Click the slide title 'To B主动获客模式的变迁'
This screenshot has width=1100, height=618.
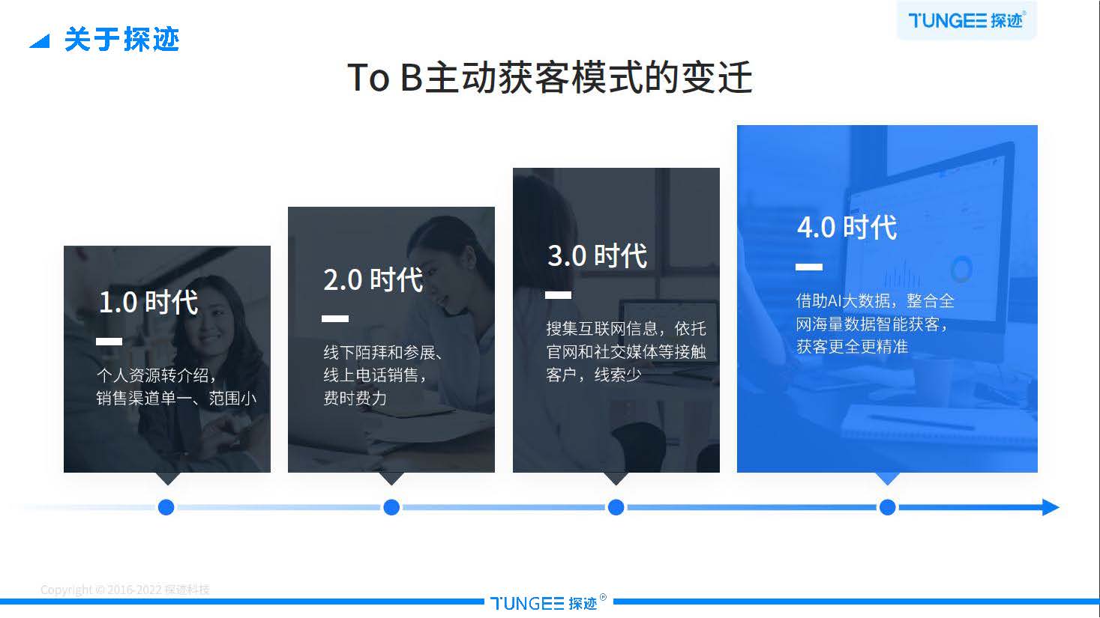550,78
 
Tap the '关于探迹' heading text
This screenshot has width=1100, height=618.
121,40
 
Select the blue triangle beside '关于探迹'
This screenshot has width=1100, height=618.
39,41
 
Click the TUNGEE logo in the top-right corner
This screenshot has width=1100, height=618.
966,20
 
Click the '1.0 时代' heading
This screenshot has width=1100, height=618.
148,303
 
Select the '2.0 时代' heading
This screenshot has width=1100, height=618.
373,280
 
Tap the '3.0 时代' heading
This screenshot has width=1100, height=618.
598,256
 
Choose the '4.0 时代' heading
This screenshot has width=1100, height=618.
847,228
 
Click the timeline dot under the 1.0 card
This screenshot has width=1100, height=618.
166,508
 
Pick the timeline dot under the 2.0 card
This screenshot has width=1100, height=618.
391,508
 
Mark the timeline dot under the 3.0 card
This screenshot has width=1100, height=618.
616,508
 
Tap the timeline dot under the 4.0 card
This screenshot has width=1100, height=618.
888,508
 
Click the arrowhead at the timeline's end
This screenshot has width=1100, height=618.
1050,508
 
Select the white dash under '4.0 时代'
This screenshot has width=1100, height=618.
809,267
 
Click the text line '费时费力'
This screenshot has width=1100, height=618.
355,398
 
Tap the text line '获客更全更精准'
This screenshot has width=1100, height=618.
852,347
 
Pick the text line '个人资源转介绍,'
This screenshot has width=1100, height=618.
156,375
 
